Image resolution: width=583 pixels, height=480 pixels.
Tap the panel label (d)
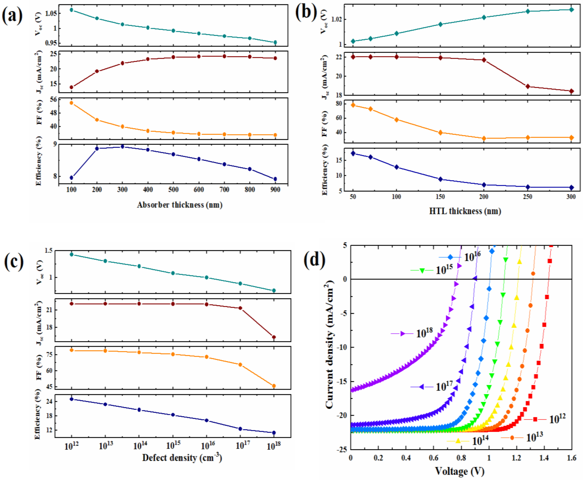tap(315, 260)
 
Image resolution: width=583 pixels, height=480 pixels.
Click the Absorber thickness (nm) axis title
tap(180, 205)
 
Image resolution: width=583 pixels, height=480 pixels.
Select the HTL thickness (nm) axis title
tap(465, 211)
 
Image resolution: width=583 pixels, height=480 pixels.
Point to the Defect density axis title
tap(182, 458)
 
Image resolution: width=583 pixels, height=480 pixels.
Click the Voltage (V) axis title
tap(460, 471)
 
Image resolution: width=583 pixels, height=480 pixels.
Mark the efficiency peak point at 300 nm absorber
tap(122, 146)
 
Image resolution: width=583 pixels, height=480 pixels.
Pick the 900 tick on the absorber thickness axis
tap(275, 190)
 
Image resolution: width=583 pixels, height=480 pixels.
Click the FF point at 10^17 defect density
tap(240, 365)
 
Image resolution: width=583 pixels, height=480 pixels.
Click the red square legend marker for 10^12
tap(535, 419)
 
